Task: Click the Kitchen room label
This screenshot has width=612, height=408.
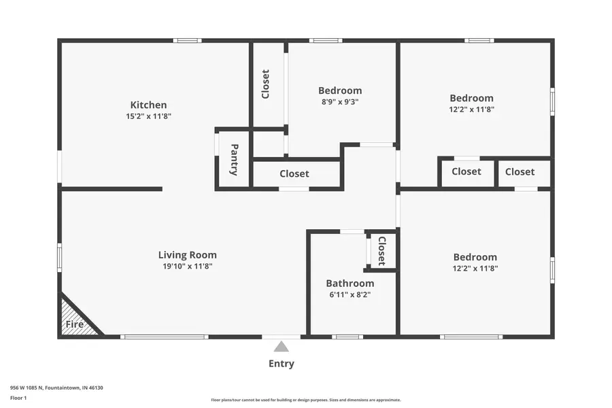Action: (148, 105)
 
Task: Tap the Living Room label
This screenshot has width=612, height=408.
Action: (187, 255)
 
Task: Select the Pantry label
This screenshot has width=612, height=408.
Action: (234, 160)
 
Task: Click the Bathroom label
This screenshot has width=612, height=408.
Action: (350, 284)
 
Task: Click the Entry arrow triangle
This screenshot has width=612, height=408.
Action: (282, 347)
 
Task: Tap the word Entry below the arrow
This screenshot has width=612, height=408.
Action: (281, 364)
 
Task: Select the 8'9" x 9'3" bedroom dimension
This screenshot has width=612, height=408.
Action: (339, 102)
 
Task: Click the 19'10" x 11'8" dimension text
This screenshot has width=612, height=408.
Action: (187, 267)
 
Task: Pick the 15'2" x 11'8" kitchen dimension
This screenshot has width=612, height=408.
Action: (148, 116)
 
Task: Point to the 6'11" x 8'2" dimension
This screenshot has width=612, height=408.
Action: (350, 295)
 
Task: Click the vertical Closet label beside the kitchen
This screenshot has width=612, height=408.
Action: (266, 84)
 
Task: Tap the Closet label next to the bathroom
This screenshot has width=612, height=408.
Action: (381, 251)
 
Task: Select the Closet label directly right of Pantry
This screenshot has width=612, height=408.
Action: (294, 174)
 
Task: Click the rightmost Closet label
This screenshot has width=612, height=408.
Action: (520, 172)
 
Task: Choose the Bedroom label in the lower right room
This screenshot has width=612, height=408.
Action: (475, 257)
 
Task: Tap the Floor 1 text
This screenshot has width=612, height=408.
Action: (19, 397)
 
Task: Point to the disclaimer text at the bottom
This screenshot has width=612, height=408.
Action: (305, 400)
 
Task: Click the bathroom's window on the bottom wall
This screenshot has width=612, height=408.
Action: (347, 337)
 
